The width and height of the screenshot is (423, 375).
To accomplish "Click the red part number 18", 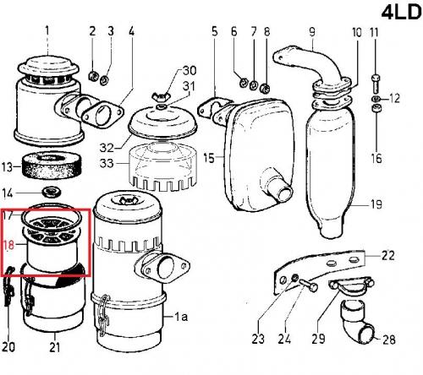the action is click(8, 245).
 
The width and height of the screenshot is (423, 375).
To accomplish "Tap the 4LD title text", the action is click(402, 12).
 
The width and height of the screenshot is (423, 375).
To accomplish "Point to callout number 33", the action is click(107, 163).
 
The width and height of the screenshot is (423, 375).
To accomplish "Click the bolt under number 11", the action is click(375, 84).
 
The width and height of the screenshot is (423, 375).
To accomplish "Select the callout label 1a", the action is click(181, 317).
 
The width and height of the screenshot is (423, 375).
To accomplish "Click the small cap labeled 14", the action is click(51, 193).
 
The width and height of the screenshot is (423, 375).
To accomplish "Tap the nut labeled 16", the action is click(376, 108).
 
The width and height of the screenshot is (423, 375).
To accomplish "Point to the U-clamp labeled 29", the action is click(351, 286).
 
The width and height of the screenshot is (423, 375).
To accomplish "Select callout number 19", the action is click(376, 204).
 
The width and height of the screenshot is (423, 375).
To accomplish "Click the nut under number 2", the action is click(93, 75).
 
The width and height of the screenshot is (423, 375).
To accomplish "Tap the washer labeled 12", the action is click(376, 99).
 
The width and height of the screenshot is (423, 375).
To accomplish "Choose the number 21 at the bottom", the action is click(55, 347).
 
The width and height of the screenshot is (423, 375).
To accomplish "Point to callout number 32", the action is click(107, 148).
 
